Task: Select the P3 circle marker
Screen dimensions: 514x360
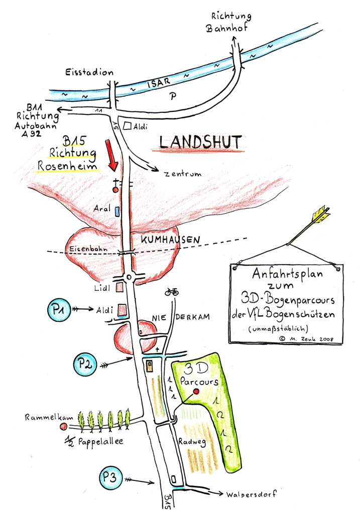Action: pos(112,478)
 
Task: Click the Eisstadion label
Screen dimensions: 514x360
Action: pos(89,72)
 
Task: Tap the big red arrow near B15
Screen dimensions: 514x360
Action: pos(113,157)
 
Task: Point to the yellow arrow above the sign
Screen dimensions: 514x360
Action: pos(307,224)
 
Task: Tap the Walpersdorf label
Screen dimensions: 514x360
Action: pos(245,493)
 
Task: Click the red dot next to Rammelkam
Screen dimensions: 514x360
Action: pos(63,427)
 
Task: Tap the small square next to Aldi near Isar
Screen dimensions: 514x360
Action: pos(128,126)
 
